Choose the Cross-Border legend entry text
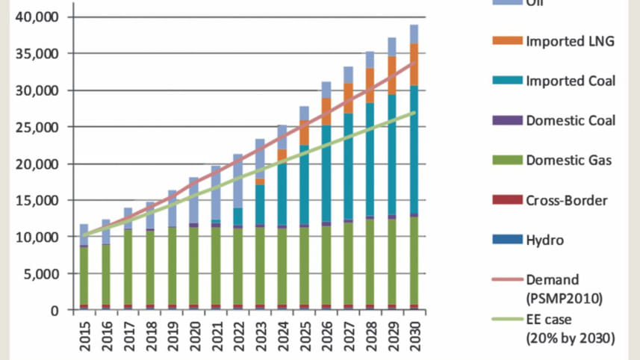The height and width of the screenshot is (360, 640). tap(566, 200)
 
